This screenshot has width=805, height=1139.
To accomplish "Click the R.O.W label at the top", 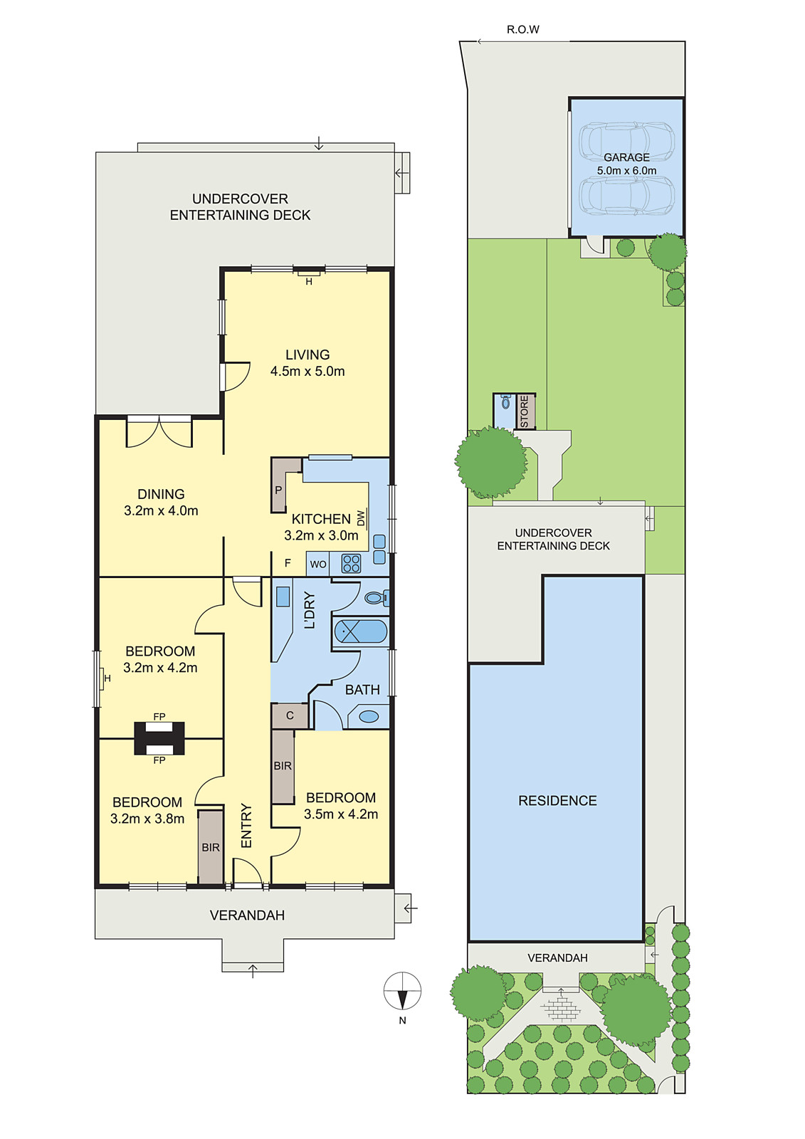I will pos(522,29).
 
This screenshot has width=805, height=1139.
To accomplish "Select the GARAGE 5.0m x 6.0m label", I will pos(626,164).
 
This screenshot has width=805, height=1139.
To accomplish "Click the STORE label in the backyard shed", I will pos(525,412).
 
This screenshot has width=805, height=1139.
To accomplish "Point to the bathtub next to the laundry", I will pos(361,631).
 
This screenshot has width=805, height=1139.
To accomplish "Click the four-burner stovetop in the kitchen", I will pos(352,564).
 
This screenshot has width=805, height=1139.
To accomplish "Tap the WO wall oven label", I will pos(318,565).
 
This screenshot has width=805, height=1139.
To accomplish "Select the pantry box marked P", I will pos(278,490).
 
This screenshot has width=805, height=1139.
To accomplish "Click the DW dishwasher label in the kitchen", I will pos(361,518).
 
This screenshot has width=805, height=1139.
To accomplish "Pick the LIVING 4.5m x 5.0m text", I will pos(307,362).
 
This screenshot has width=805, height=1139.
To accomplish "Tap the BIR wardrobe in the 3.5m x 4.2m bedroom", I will pos(283,766).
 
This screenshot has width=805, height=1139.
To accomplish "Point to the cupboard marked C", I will pos(290,715).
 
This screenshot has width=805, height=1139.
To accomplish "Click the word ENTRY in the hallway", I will pos(247,826).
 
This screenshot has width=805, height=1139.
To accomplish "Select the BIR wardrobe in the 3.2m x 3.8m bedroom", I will pos(211,847).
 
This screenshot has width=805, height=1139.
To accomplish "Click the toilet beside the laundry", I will pos(375,597).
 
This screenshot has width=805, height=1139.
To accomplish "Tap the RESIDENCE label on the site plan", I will pos(557,801).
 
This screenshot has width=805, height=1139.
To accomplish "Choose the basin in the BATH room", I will pos(369,717).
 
